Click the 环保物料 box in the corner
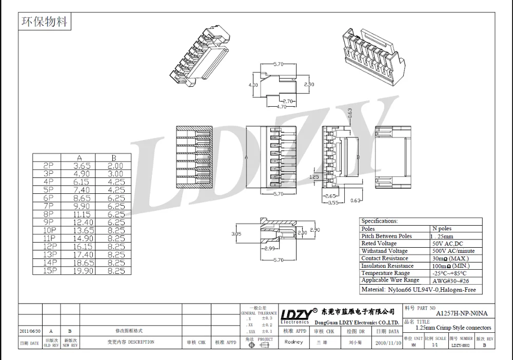44,22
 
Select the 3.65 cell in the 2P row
83,166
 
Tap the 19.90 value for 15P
83,270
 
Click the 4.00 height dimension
253,85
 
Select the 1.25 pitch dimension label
315,176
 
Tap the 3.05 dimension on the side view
236,234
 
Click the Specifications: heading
380,221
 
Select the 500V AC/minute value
453,251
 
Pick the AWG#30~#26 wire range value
450,281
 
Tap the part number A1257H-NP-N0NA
462,312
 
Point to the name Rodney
293,342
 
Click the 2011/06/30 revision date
30,331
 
